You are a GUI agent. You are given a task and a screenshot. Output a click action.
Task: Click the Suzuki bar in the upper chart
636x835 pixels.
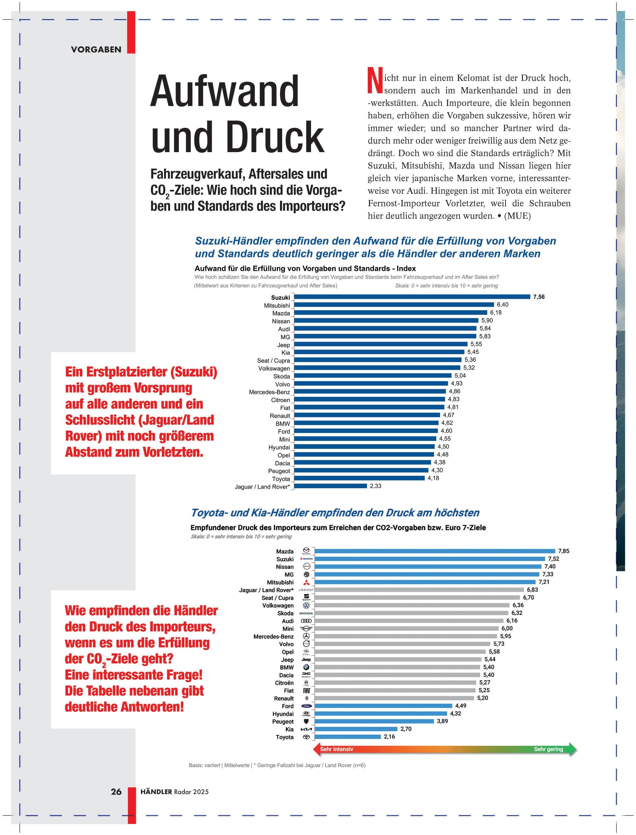pos(412,297)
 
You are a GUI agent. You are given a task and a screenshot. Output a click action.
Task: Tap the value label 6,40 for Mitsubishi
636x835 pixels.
pos(502,304)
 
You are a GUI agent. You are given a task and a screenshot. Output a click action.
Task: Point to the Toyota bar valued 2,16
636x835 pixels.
pos(348,737)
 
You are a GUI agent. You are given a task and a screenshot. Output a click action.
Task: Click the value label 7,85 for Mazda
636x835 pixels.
pos(563,551)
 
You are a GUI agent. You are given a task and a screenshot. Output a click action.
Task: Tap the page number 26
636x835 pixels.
pos(116,791)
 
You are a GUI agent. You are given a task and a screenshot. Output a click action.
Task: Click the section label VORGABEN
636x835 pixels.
pos(96,50)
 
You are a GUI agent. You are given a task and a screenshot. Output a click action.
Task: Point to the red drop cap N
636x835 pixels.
pos(374,80)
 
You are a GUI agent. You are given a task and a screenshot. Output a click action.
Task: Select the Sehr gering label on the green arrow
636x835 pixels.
pos(548,749)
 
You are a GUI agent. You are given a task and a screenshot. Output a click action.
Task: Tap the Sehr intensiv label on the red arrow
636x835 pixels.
pos(337,749)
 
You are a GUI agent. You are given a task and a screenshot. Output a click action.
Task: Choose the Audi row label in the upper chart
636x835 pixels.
pos(284,329)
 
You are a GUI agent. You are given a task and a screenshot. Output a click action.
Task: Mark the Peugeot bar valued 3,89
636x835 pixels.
pos(374,721)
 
